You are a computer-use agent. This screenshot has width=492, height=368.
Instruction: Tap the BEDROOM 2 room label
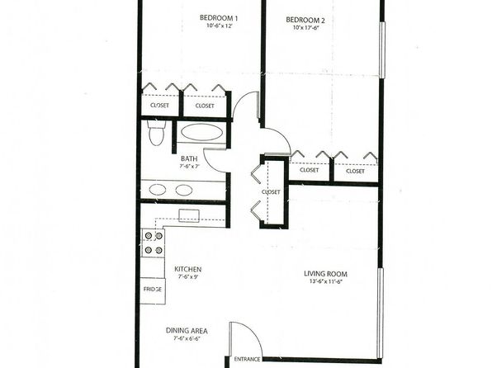coord(305,20)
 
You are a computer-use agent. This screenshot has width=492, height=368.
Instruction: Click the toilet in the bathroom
coord(156,132)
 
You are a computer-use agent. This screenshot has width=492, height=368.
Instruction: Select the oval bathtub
coord(201,133)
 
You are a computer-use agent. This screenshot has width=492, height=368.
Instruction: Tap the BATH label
coord(189,158)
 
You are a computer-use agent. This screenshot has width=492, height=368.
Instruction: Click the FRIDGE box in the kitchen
coord(153,290)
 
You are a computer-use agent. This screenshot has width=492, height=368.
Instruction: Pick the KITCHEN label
coord(188,269)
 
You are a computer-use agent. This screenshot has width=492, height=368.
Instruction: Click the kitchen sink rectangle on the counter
coord(189,216)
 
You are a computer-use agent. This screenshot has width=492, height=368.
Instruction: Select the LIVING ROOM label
coord(325,274)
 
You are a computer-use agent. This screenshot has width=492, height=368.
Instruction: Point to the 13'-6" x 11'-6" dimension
coord(325,281)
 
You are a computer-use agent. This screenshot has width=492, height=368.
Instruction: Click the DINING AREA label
coord(187,331)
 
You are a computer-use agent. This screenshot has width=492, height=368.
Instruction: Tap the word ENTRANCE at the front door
coord(247,359)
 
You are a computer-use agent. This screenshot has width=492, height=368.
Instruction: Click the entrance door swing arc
coord(254,333)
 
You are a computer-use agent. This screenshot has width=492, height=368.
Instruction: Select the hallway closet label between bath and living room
coord(271,191)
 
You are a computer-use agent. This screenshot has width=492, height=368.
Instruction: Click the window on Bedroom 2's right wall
coord(382,50)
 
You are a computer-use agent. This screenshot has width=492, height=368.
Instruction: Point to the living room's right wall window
coord(381,313)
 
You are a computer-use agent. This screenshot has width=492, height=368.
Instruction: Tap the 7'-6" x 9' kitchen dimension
coord(188,276)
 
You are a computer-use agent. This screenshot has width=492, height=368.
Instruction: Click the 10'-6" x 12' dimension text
coord(219,26)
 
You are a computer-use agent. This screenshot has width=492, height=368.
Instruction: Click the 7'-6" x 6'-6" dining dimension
coord(187,338)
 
